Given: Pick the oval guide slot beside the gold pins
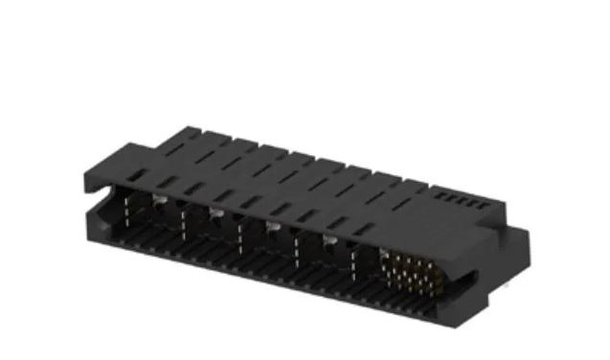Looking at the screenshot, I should [x=466, y=279].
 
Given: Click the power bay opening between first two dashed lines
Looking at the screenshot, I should [x=154, y=218].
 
